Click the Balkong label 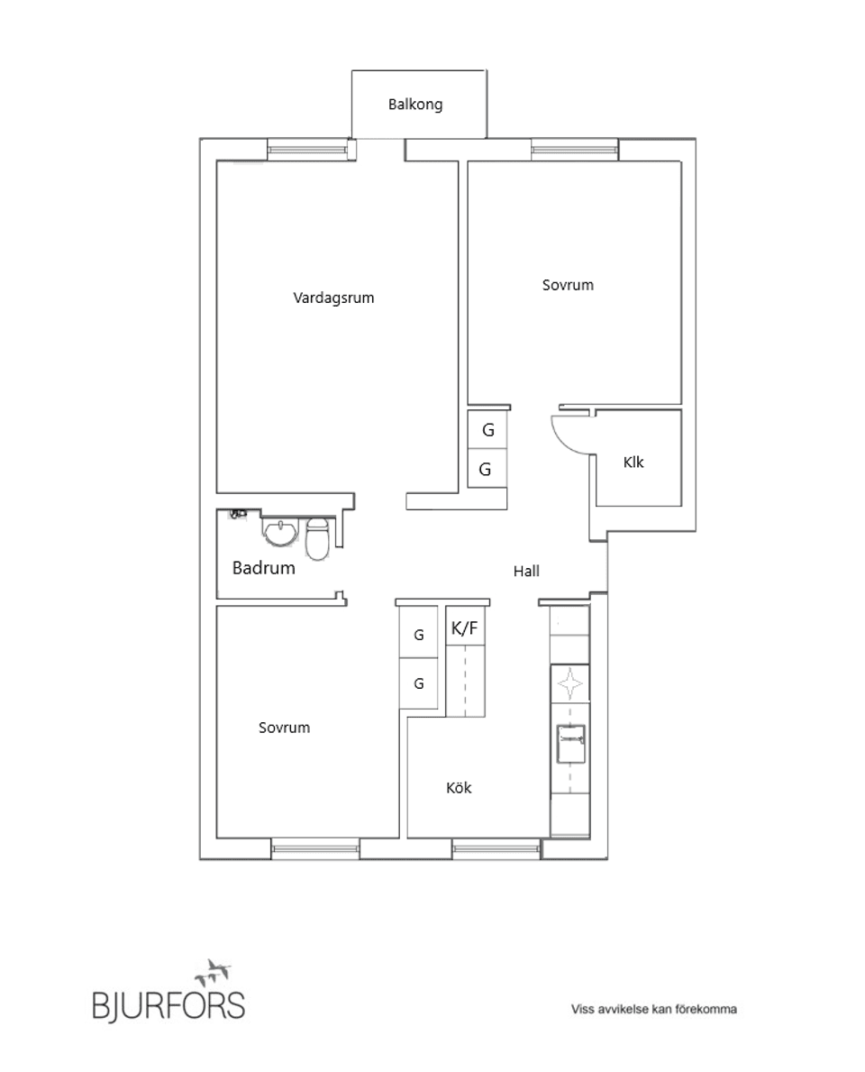pyautogui.click(x=415, y=105)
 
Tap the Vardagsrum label pyautogui.click(x=333, y=298)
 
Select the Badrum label pyautogui.click(x=264, y=569)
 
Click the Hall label pyautogui.click(x=526, y=571)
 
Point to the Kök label pyautogui.click(x=459, y=788)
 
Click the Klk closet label pyautogui.click(x=634, y=463)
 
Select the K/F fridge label pyautogui.click(x=465, y=629)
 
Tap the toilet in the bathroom pyautogui.click(x=317, y=540)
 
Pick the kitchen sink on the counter pyautogui.click(x=569, y=744)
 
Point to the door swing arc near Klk pyautogui.click(x=568, y=433)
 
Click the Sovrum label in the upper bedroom pyautogui.click(x=568, y=285)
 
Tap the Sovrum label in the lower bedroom pyautogui.click(x=284, y=728)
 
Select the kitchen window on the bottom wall pyautogui.click(x=496, y=848)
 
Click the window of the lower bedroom pyautogui.click(x=315, y=848)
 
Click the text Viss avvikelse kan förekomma pyautogui.click(x=654, y=1010)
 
